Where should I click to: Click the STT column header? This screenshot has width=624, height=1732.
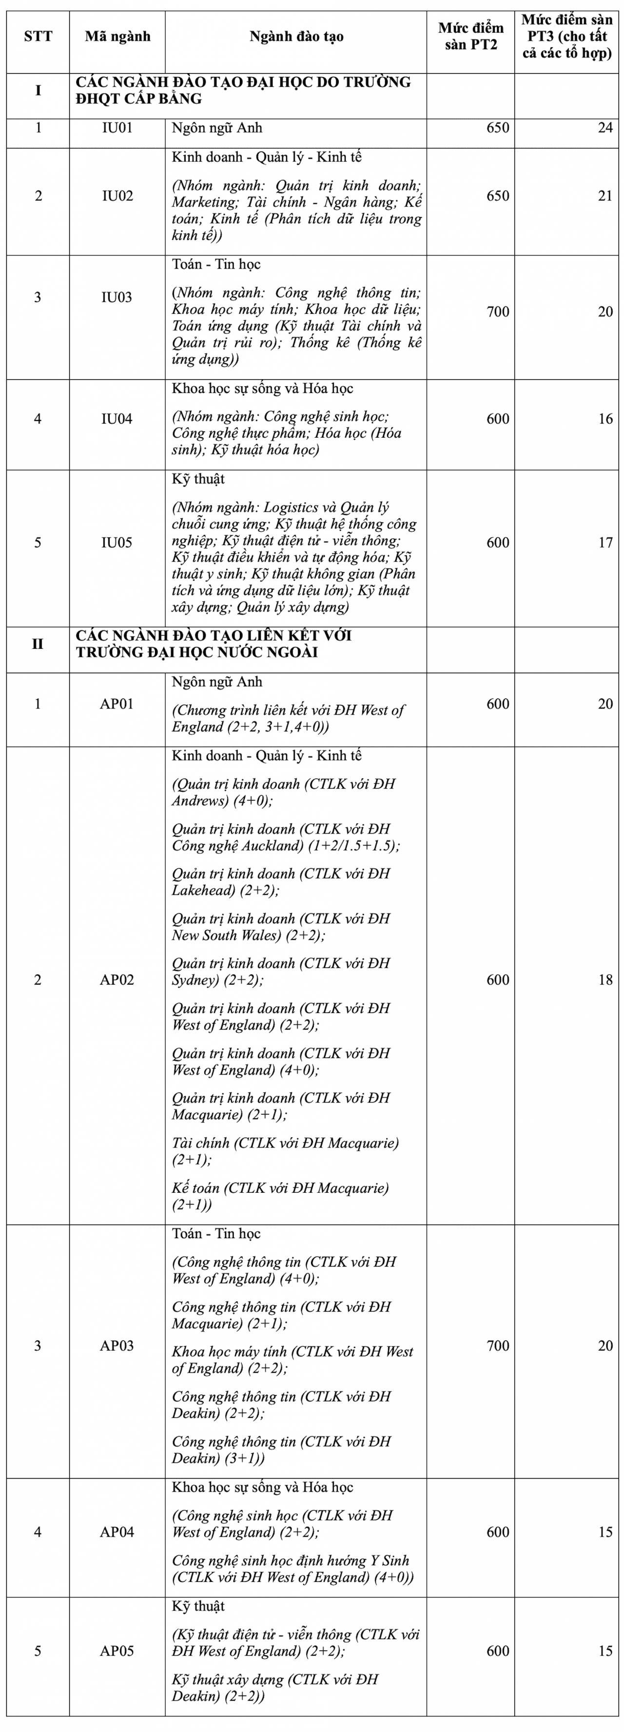tap(38, 36)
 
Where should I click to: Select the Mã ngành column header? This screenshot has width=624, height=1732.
tap(117, 36)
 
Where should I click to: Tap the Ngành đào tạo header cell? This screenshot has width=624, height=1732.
tap(296, 36)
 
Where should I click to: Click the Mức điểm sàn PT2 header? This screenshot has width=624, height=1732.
tap(471, 36)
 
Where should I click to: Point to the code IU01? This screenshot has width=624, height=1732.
tap(117, 128)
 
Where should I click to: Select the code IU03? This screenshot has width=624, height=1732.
tap(117, 297)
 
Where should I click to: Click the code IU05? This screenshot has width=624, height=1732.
tap(117, 543)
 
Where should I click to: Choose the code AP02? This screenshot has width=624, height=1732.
tap(117, 980)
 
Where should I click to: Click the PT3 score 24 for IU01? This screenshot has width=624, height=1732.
tap(605, 128)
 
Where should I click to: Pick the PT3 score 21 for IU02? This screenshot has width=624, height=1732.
tap(605, 195)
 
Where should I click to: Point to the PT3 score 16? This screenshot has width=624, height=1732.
tap(605, 419)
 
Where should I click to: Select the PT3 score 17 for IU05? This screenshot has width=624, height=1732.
tap(605, 543)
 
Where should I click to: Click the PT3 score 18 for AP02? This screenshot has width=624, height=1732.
tap(605, 980)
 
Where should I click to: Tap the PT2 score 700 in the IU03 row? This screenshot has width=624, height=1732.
tap(498, 311)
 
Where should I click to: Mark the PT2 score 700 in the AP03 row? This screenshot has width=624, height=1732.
tap(498, 1345)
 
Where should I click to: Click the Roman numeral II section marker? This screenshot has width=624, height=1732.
tap(38, 644)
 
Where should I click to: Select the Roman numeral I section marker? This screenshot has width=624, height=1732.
tap(38, 90)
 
